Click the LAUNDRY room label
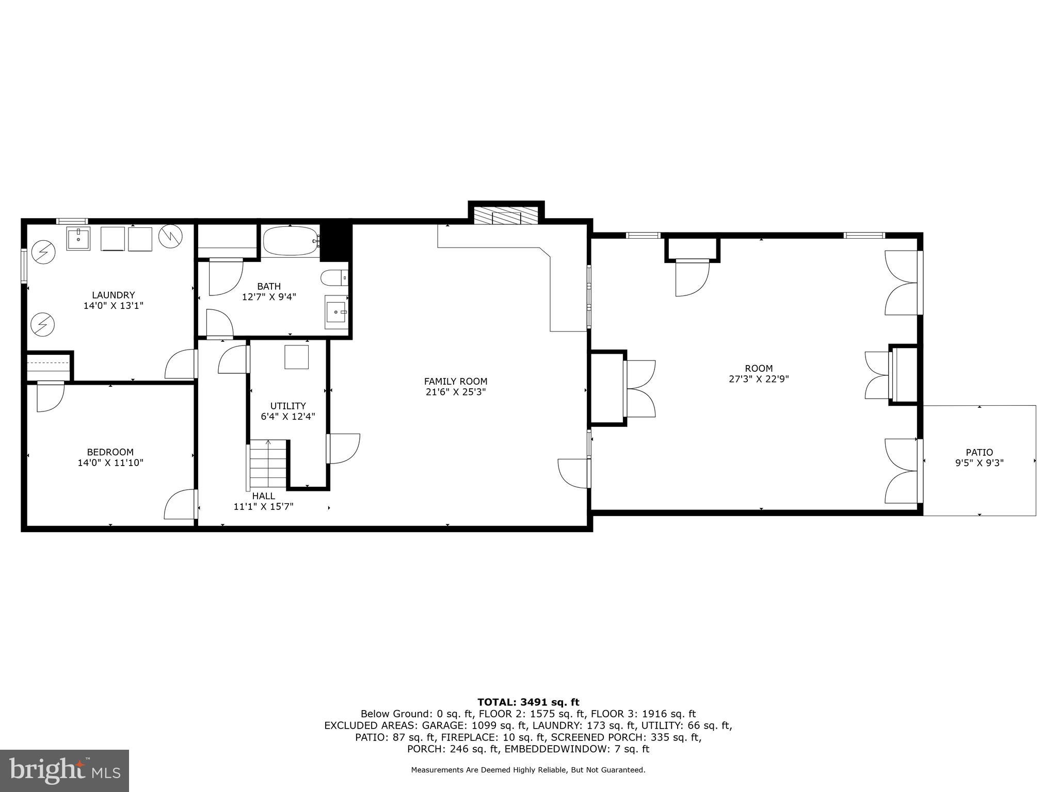(113, 295)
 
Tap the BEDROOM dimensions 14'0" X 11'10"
(110, 463)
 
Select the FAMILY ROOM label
(455, 382)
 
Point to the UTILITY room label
(288, 406)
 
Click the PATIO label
(979, 453)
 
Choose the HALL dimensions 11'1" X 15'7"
(263, 507)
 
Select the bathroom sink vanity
(337, 312)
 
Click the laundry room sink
(78, 238)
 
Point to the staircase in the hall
(268, 464)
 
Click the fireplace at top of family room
(506, 216)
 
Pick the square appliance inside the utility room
(297, 357)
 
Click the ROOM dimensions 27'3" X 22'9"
(759, 379)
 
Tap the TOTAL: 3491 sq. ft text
(528, 702)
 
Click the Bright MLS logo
(65, 771)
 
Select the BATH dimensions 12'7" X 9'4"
(269, 297)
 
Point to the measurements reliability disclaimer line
(528, 770)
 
